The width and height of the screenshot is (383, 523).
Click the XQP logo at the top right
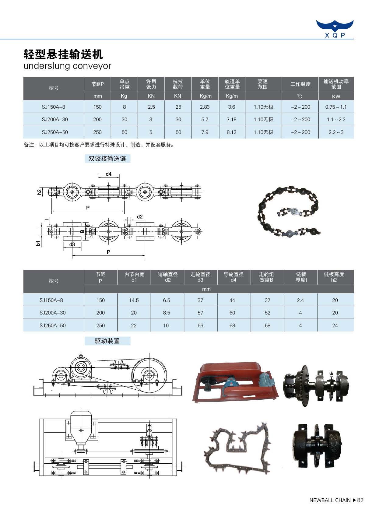(x=335, y=29)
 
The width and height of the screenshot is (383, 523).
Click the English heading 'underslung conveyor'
(x=67, y=66)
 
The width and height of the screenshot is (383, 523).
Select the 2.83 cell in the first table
(x=205, y=107)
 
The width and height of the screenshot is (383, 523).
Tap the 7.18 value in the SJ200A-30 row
(x=232, y=119)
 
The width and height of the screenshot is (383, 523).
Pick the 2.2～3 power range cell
(x=336, y=132)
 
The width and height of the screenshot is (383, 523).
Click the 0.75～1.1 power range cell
(x=336, y=107)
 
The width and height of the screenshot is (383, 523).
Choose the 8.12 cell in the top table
(x=232, y=132)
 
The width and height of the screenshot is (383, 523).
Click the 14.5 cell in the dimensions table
(x=134, y=300)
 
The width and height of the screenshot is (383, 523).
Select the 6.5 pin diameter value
(x=167, y=300)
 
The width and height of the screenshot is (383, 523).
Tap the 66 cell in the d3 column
(x=200, y=325)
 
